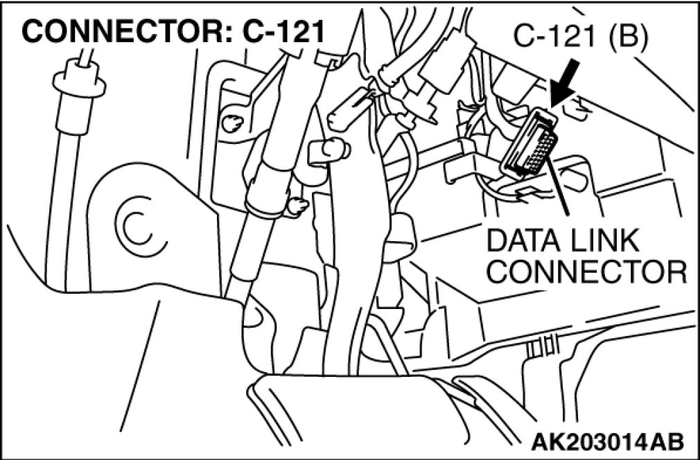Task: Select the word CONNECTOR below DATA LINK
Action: point(586,272)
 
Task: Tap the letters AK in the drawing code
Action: point(548,440)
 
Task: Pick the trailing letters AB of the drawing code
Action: point(668,440)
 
